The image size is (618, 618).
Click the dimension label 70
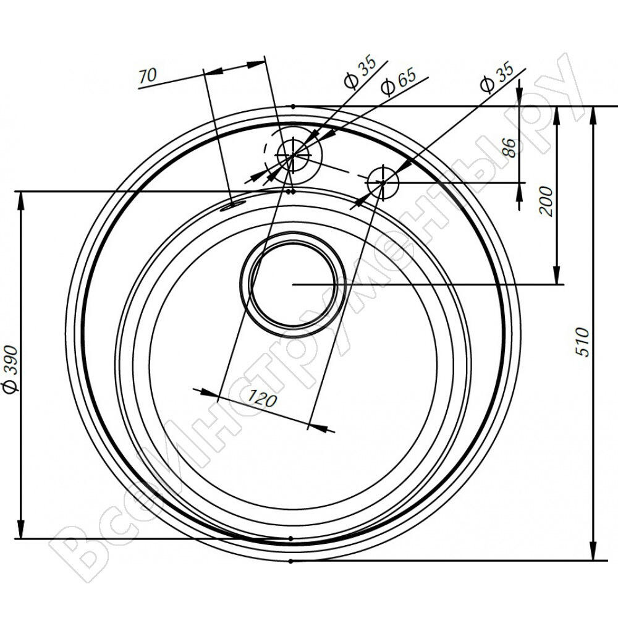[x=148, y=75]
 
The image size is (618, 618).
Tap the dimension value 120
[x=262, y=400]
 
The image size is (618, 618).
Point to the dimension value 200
[x=546, y=201]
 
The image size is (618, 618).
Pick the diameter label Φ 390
[x=11, y=370]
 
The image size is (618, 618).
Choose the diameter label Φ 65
[x=399, y=82]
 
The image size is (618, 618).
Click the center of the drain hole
[x=293, y=284]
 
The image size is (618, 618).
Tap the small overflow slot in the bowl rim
[x=232, y=205]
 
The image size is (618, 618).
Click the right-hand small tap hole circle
[x=383, y=182]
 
